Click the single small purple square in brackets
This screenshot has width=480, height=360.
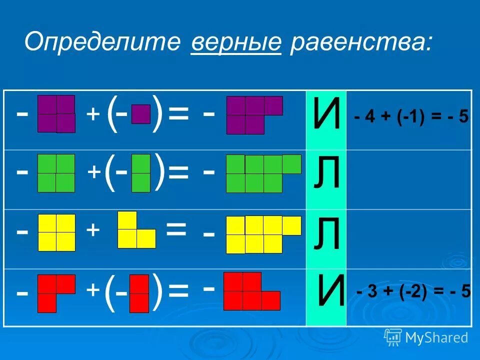(x=141, y=114)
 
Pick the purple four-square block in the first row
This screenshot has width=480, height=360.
(x=56, y=113)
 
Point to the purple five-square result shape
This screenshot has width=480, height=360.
(x=250, y=114)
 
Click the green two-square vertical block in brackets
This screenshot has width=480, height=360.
(x=141, y=173)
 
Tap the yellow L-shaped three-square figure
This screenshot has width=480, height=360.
(x=134, y=232)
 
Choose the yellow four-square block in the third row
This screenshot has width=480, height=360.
(x=56, y=232)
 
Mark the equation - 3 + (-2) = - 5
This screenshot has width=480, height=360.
(x=413, y=292)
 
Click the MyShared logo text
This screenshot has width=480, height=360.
(x=436, y=337)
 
